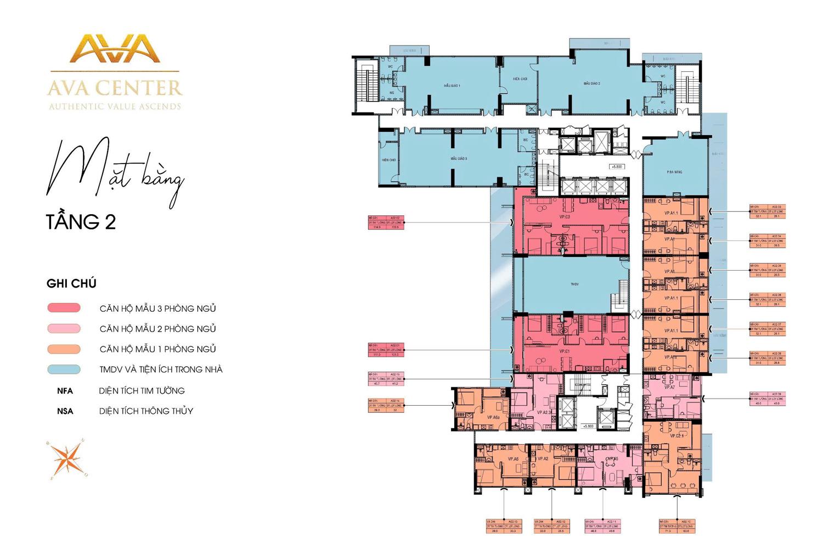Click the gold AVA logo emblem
point(115,48)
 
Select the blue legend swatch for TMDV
point(64,369)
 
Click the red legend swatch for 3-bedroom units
point(64,308)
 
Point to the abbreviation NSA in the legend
point(65,411)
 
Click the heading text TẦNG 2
point(81,222)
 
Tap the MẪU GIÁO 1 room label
point(452,86)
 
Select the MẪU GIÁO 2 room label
point(591,83)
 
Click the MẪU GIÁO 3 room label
point(459,159)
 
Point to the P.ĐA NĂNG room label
point(674,172)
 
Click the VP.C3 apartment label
point(565,217)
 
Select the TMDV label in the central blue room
point(574,284)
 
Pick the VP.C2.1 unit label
point(677,436)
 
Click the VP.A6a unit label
point(493,418)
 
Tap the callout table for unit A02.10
point(677,526)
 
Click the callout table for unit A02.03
point(768,212)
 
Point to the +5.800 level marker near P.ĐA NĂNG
point(617,166)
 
